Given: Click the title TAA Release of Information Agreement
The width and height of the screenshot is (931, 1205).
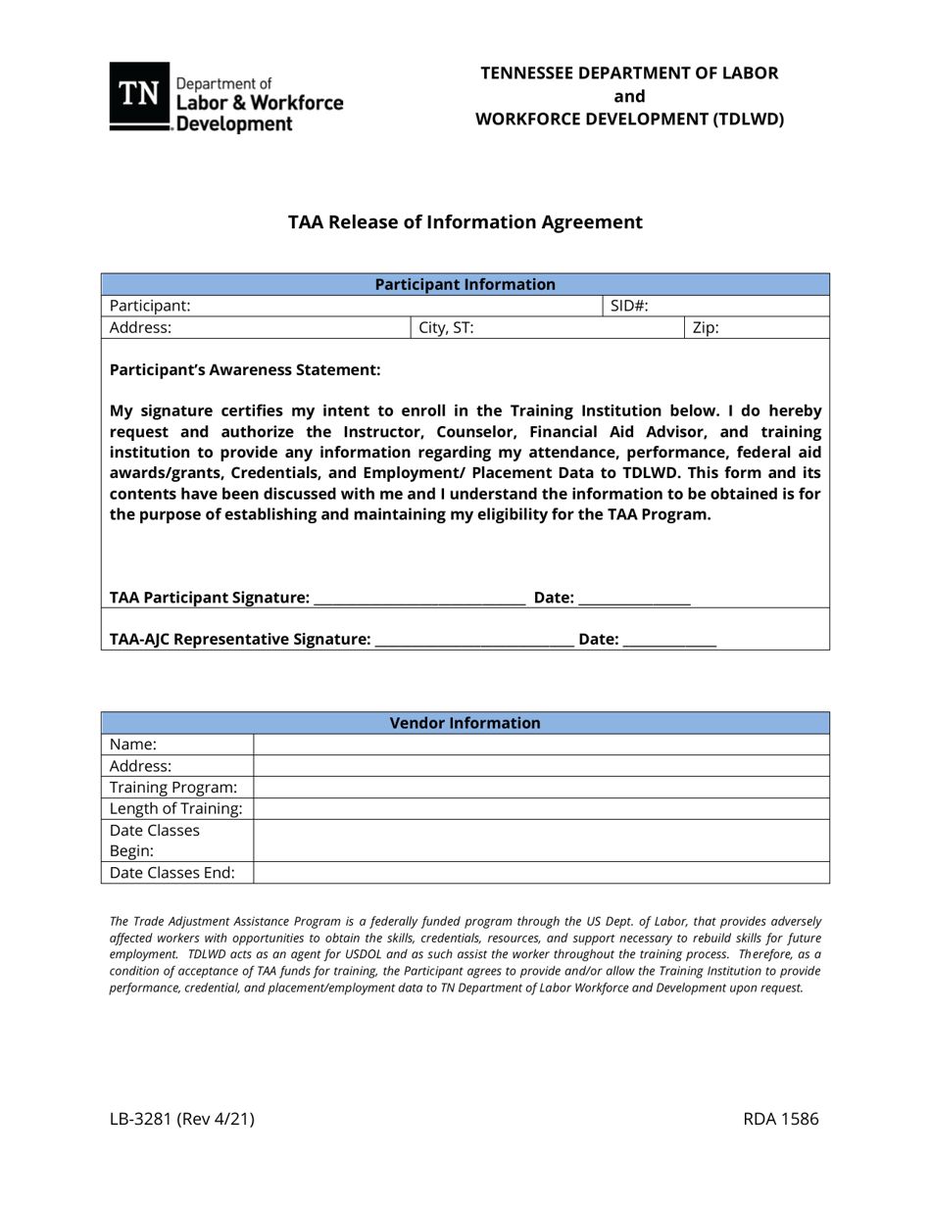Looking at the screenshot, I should click(x=465, y=222).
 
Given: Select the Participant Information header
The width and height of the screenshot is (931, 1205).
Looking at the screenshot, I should click(x=465, y=284).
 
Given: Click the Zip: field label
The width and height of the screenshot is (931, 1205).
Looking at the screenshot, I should click(x=706, y=328).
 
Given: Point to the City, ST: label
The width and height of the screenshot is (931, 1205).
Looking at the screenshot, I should click(x=446, y=328).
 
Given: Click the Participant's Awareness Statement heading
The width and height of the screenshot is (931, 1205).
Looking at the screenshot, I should click(x=245, y=370).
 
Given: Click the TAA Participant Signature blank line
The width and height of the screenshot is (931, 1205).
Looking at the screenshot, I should click(x=419, y=600).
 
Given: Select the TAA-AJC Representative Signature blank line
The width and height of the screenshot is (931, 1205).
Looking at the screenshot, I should click(x=474, y=642).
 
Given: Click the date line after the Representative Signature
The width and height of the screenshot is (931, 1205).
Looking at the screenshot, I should click(x=669, y=642).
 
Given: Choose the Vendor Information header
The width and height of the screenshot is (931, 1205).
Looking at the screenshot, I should click(x=465, y=723).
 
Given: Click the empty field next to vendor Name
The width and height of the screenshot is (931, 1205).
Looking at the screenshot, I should click(x=541, y=745).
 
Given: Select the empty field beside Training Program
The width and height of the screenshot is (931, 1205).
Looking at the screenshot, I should click(x=541, y=788).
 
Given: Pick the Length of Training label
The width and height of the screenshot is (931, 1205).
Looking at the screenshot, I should click(x=176, y=809).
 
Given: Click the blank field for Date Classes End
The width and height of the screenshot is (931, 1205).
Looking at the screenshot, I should click(x=541, y=873).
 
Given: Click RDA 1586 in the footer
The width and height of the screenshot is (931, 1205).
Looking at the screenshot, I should click(x=781, y=1121).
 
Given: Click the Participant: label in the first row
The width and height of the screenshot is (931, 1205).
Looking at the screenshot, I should click(x=150, y=306).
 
